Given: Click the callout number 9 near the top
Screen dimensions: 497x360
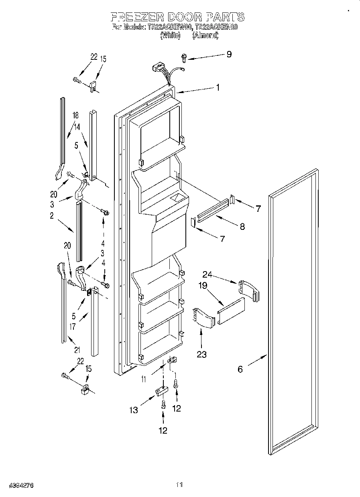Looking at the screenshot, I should coord(229,55).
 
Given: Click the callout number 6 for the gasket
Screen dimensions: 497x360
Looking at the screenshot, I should coord(240,369).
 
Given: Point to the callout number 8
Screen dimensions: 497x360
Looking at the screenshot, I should coord(242,226).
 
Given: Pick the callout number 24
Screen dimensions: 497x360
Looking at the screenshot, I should coord(207,275).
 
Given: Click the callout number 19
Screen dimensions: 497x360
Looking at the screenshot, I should coord(202,286).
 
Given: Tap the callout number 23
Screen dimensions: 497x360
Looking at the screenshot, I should coord(201,354).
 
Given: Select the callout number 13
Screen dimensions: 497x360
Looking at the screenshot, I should coord(134,410).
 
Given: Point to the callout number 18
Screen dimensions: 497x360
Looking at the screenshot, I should coord(75,115).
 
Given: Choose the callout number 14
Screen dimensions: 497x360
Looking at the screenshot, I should coord(77,126).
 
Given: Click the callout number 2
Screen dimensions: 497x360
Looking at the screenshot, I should coord(52,216).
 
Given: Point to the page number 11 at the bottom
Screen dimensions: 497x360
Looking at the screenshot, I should coord(179,485).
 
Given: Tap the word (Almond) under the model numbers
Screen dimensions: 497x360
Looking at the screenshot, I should coord(205,35).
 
